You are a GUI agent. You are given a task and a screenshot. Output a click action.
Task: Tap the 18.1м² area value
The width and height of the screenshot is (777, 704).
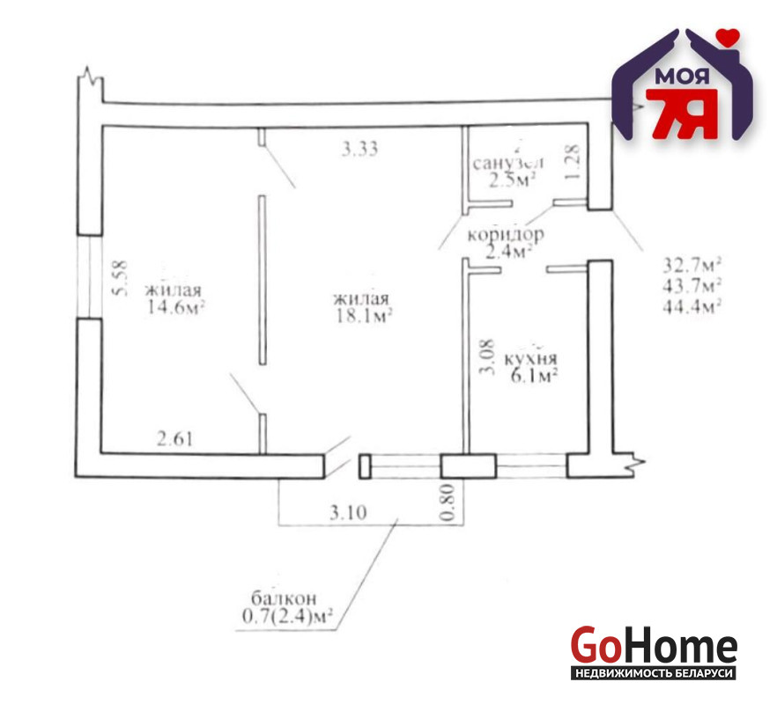tap(364, 316)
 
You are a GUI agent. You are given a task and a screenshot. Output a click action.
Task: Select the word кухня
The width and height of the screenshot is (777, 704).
tap(530, 358)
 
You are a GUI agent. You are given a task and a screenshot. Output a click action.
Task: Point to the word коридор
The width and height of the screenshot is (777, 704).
tap(506, 234)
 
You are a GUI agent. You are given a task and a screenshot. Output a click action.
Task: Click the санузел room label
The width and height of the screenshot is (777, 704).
tap(508, 163)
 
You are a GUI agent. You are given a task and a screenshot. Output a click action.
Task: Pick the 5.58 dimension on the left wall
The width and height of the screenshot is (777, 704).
tap(121, 278)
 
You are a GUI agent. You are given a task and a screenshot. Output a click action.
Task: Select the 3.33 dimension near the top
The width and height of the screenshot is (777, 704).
tap(359, 149)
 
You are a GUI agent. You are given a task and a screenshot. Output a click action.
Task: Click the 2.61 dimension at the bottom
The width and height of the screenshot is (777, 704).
tap(175, 438)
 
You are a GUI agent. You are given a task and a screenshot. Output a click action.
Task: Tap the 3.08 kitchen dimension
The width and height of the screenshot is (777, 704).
tap(488, 357)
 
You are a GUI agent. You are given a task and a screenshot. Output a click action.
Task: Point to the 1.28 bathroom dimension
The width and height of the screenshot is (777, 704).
tap(573, 162)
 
